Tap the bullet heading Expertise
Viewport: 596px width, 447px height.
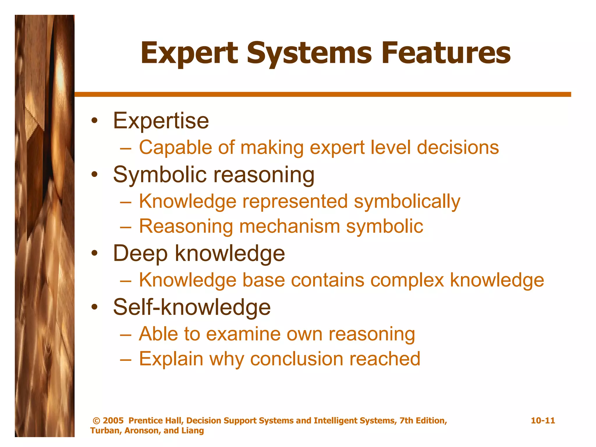pos(161,121)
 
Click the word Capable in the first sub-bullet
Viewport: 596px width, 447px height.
pos(175,148)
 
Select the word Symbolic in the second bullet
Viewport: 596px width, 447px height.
pos(160,175)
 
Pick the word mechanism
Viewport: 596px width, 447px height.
pos(289,226)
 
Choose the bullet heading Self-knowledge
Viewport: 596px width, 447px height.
pos(192,307)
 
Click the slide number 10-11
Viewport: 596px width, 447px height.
pos(543,421)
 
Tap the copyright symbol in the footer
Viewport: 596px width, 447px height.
pos(96,421)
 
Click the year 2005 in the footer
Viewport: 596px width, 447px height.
pos(113,421)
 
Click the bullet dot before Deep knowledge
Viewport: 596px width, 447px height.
pos(94,253)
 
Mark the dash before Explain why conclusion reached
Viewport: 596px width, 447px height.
pos(126,359)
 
